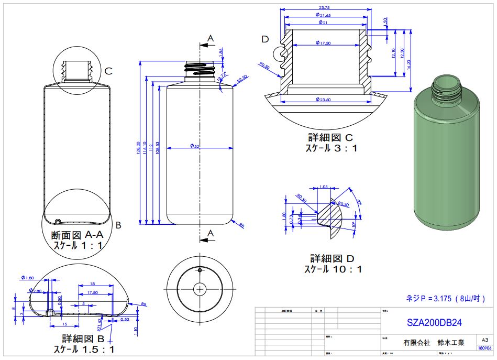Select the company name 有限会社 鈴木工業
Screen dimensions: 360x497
(x=434, y=342)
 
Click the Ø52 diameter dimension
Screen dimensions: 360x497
(x=194, y=146)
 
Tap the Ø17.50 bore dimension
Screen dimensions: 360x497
(x=324, y=42)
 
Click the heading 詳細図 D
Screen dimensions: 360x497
(x=333, y=259)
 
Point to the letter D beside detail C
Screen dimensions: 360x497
(x=265, y=40)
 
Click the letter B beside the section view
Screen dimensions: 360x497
(x=118, y=225)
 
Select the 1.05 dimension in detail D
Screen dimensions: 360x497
(x=323, y=187)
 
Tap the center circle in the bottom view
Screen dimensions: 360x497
(x=200, y=288)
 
